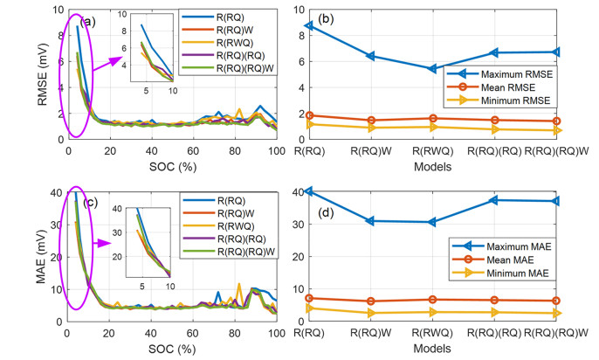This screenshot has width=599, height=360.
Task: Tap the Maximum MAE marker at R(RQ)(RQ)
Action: (494, 200)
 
